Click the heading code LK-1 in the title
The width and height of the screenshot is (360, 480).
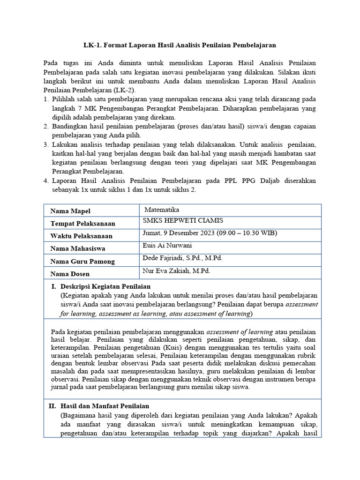[x=92, y=45]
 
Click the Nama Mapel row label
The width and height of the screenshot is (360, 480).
[x=70, y=211]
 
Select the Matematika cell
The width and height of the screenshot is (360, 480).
[x=162, y=210]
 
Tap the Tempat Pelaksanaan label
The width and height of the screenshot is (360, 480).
[x=82, y=224]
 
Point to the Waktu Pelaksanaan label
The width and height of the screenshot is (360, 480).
[x=81, y=236]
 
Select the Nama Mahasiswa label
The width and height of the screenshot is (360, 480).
[x=78, y=249]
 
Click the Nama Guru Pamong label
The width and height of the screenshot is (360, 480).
[x=82, y=262]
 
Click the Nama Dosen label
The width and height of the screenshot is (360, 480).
[x=70, y=274]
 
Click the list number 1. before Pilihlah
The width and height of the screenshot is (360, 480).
[x=46, y=99]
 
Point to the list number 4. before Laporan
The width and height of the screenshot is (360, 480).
[x=46, y=180]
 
